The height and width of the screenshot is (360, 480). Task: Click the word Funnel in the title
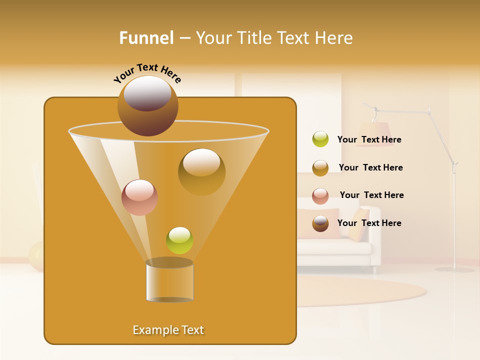tap(146, 38)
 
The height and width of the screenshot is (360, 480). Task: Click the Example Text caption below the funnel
tap(168, 330)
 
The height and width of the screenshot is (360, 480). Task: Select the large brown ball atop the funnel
tap(148, 105)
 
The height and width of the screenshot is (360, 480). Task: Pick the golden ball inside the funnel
tap(201, 171)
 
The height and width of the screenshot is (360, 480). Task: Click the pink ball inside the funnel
tap(139, 197)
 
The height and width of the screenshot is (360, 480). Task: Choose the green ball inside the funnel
tap(179, 240)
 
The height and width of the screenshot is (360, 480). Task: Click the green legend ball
tap(320, 139)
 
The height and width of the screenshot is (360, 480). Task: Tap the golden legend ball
tap(320, 167)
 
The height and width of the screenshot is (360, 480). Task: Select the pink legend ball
tap(320, 195)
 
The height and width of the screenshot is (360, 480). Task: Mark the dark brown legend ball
tap(320, 223)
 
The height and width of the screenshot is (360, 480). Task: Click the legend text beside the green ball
tap(369, 139)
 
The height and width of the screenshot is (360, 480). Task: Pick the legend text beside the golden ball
tap(370, 167)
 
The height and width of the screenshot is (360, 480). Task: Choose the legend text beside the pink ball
tap(371, 195)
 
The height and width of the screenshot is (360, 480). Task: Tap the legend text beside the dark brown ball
tap(369, 223)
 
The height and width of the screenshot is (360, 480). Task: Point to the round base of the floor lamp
tap(454, 269)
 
